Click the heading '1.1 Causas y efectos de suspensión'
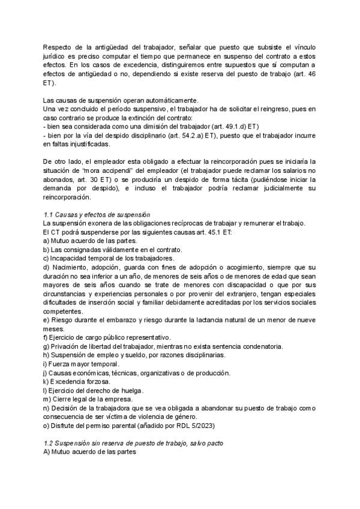click(97, 215)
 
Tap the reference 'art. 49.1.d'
click(222, 127)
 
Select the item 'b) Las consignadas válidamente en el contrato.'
click(112, 249)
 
